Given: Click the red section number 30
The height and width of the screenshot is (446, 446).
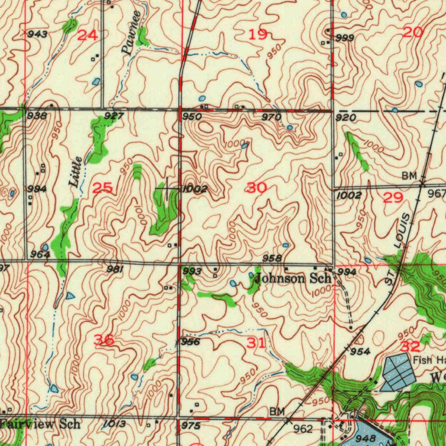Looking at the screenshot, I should click(x=257, y=188).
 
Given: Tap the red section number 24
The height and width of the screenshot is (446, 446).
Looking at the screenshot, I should click(x=87, y=35).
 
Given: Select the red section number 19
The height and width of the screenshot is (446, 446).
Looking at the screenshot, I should click(x=257, y=35).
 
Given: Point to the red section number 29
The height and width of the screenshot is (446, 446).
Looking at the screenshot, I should click(x=393, y=198).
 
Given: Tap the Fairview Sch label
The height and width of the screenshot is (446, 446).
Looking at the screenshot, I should click(x=40, y=423).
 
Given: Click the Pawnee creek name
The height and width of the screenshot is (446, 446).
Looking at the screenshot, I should click(x=132, y=33).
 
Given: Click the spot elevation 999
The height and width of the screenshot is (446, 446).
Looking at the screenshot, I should click(x=345, y=38).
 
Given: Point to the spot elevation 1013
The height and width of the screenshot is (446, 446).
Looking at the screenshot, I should click(x=115, y=424).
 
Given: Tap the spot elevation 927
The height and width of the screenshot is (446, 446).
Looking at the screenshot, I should click(x=114, y=116).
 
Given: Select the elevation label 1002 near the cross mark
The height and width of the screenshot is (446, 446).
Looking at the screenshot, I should click(x=194, y=189).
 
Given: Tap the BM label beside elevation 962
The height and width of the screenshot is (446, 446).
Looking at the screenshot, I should click(x=277, y=411).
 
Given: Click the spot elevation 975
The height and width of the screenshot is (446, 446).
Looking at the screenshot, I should click(x=191, y=426).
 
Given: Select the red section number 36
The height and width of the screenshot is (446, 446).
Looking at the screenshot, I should click(x=104, y=339).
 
